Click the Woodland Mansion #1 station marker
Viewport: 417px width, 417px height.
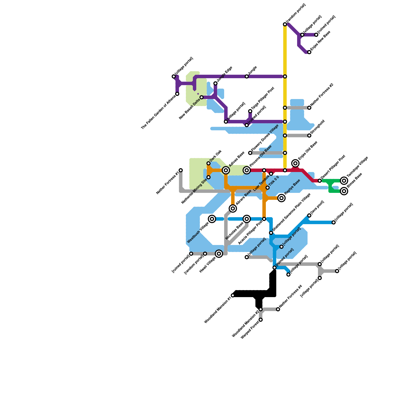233,295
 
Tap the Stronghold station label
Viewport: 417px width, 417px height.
317,127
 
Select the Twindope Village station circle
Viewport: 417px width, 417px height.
344,181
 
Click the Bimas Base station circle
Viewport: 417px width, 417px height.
344,191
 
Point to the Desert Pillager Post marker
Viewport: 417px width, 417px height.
320,181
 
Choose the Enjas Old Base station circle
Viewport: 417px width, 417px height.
295,163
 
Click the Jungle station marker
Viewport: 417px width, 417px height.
247,76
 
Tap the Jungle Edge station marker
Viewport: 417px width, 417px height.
215,83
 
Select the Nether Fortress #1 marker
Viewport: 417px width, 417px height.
181,170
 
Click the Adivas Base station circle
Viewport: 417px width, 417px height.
226,170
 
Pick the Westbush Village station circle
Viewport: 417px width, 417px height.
212,219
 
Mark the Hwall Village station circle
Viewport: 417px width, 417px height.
219,254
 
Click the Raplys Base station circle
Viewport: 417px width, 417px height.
281,198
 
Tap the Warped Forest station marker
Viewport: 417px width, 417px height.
261,320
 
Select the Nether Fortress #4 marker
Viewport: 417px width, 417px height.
278,309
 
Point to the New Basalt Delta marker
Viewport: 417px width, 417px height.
201,97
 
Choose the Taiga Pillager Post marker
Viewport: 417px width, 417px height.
250,111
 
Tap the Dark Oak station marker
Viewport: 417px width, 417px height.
208,163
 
